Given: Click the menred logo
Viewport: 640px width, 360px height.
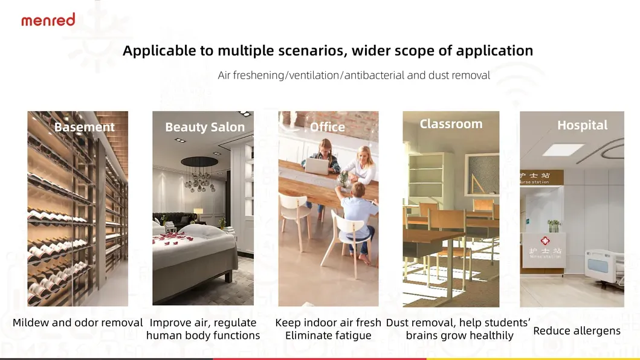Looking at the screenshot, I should (x=48, y=20).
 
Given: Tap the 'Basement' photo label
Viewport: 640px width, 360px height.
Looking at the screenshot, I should (x=84, y=127).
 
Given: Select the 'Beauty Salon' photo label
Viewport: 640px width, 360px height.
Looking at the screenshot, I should (x=205, y=127).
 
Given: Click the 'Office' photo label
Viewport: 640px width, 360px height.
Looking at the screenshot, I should (x=328, y=127).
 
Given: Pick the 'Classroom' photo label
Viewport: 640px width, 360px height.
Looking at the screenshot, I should (x=451, y=124).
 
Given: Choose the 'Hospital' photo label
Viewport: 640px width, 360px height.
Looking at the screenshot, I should (x=582, y=125).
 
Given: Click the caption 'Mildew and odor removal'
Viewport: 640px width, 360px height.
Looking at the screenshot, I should (x=78, y=323).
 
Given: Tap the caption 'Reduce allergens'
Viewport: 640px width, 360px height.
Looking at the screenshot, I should (x=577, y=331).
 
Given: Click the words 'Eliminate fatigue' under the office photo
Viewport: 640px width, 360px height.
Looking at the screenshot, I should (x=328, y=335).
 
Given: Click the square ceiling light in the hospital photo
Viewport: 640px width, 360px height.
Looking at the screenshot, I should (x=563, y=149).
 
